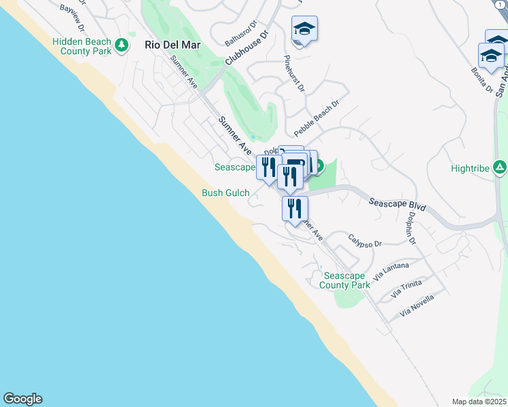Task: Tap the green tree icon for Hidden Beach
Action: tap(122, 45)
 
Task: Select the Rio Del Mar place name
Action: tap(170, 45)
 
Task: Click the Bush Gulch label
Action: tap(225, 193)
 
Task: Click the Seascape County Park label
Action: tap(346, 281)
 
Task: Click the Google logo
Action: tap(22, 399)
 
